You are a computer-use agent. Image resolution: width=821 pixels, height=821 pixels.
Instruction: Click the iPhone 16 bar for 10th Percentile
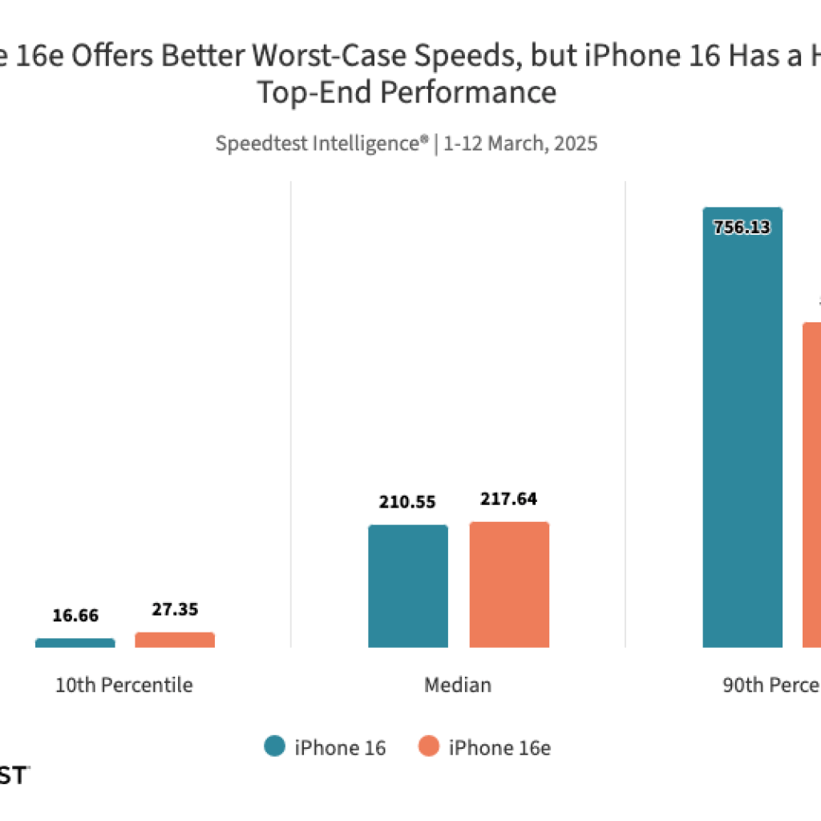[x=75, y=642]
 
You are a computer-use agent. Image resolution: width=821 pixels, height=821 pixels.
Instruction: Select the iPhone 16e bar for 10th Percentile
[x=175, y=639]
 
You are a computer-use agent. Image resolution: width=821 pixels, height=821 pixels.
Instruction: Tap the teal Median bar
[x=408, y=586]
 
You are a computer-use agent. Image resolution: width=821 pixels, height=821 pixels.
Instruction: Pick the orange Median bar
[x=509, y=584]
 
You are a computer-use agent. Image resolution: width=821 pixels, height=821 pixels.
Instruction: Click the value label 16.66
[x=75, y=616]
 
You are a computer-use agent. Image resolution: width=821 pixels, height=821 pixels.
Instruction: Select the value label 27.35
[x=175, y=609]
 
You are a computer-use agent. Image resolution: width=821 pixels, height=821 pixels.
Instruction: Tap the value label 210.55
[x=408, y=503]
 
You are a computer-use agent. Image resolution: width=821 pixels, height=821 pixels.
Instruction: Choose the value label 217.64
[x=509, y=499]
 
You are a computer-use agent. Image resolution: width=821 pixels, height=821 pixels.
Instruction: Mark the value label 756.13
[x=742, y=227]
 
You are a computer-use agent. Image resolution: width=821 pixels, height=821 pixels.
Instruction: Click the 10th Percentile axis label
[x=123, y=686]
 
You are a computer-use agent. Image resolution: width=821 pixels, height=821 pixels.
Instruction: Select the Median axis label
[x=458, y=686]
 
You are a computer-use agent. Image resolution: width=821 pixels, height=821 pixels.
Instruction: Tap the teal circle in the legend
[x=274, y=747]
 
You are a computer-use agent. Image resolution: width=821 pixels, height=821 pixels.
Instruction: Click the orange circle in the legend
[x=429, y=747]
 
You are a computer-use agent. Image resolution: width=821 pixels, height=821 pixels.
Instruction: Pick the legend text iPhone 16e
[x=499, y=748]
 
